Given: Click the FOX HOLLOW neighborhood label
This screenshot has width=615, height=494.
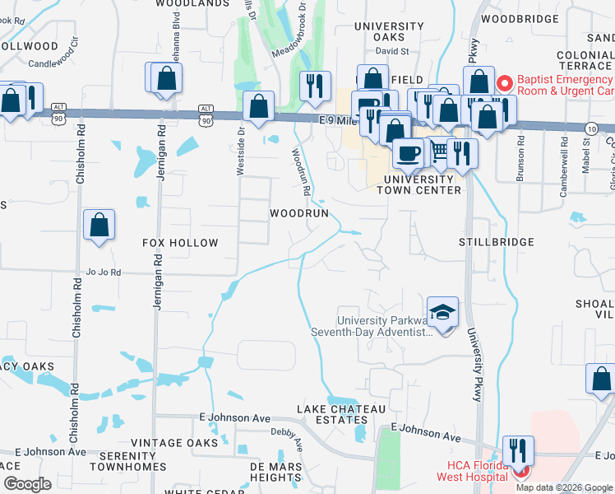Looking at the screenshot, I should coord(180,243).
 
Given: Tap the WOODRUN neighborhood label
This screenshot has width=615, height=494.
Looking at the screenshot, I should coord(300,213).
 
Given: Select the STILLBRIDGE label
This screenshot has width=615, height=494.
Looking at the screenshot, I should coord(496,242).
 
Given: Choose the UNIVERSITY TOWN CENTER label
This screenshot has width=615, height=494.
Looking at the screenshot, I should coord(418,184).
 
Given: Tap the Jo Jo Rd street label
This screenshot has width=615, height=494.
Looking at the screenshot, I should coord(103,272).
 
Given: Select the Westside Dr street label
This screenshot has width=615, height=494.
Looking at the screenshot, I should coord(241,151).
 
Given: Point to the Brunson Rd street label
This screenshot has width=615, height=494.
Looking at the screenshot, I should coord(520,155).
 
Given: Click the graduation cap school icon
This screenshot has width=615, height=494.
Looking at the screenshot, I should coord(442,313).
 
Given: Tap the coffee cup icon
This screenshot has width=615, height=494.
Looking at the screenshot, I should coord(408,151).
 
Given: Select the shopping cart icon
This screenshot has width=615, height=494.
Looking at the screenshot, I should coord(439,150).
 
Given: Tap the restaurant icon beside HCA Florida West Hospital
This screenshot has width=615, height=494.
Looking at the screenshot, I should coord(518,450).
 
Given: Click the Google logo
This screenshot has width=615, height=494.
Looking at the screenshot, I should coord(27,484).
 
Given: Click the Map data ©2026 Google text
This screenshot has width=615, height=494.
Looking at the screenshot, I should coord(564,487).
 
